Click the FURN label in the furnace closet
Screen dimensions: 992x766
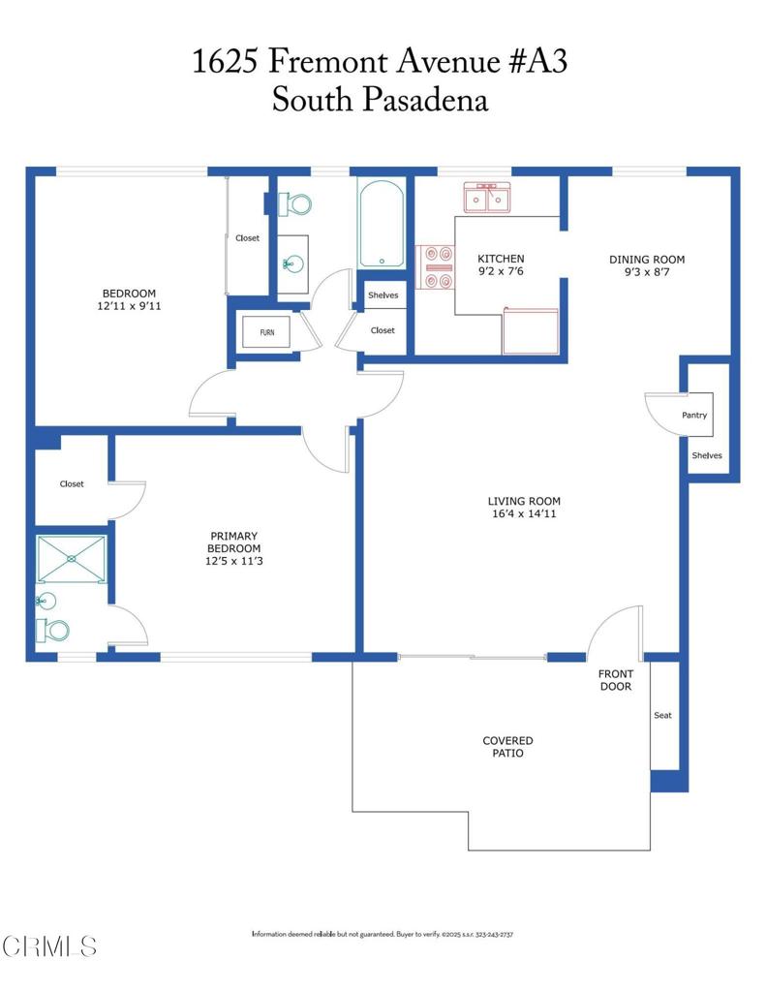(266, 333)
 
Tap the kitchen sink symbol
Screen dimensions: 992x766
(488, 199)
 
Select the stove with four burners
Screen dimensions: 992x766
(436, 267)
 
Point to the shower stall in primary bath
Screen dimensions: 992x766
(71, 559)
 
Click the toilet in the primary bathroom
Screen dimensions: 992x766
(54, 631)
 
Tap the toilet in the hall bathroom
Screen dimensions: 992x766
(295, 204)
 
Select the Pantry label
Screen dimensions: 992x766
(693, 416)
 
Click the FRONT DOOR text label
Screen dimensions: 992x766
(615, 680)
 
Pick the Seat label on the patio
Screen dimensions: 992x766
(662, 716)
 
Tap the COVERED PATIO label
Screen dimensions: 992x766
(507, 746)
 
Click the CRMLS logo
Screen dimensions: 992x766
(50, 945)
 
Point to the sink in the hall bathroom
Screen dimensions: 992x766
(292, 263)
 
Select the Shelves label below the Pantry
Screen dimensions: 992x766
(706, 455)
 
